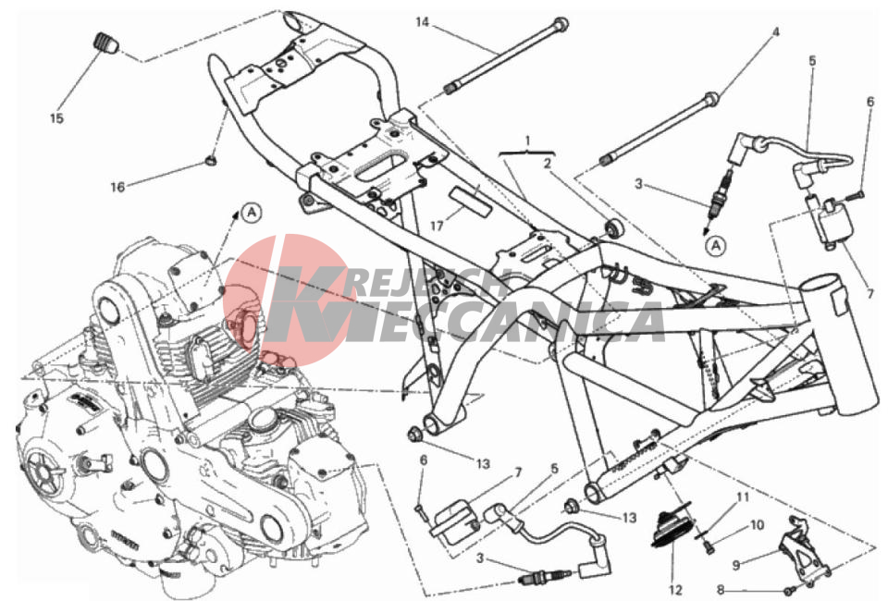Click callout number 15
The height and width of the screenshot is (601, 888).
coord(56,118)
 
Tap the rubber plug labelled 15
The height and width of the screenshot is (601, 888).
coord(105,43)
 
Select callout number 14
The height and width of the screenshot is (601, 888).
coord(423,22)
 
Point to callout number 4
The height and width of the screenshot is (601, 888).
coord(776,32)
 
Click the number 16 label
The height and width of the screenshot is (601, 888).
coord(117,187)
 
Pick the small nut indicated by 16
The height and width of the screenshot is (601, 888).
coord(211,160)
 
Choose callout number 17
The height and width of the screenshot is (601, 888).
coord(436,226)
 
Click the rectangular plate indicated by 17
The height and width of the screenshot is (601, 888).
coord(470,201)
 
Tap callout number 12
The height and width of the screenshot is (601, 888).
coord(675,590)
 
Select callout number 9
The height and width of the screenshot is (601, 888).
coord(735,565)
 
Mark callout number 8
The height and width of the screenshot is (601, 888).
coord(721,590)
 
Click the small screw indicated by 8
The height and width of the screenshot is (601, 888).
coord(791,590)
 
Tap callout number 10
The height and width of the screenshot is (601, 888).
coord(758,525)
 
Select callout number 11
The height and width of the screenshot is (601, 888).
coord(743,497)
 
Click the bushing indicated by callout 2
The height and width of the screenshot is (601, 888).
coord(614,227)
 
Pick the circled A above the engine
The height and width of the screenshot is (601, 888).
coord(252,213)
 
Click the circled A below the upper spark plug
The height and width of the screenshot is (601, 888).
coord(716,246)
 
